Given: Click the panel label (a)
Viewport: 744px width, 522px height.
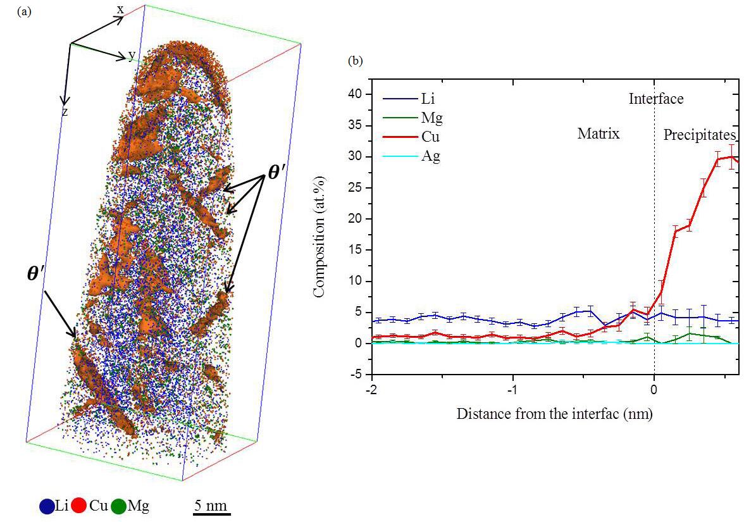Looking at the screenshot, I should [24, 11].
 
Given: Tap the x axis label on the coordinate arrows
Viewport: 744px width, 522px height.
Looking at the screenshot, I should [120, 9].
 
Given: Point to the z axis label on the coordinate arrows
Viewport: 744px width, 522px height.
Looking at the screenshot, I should [65, 111].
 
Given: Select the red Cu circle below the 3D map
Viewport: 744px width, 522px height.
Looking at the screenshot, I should [78, 506].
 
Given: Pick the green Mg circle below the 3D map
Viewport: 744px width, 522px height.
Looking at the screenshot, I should [118, 506].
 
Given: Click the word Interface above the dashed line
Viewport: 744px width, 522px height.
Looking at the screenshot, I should [655, 99].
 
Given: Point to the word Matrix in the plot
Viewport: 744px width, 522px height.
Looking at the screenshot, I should [598, 134].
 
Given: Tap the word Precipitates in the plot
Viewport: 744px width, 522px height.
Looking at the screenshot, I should [699, 135].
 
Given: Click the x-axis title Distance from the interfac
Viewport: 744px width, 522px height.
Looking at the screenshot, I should [554, 414].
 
